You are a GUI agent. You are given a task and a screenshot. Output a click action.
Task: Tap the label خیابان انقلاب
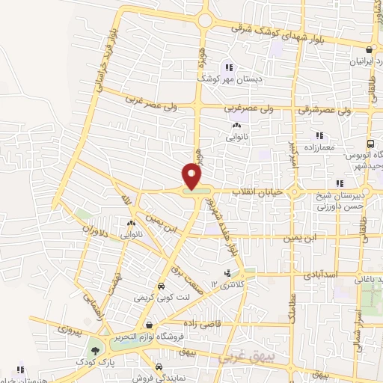click(x=260, y=192)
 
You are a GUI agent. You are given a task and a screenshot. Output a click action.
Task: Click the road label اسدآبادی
click(x=322, y=275)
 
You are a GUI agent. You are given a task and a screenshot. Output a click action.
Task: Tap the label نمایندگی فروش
click(x=159, y=378)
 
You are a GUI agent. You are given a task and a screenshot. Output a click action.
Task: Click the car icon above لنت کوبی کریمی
click(x=160, y=287)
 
